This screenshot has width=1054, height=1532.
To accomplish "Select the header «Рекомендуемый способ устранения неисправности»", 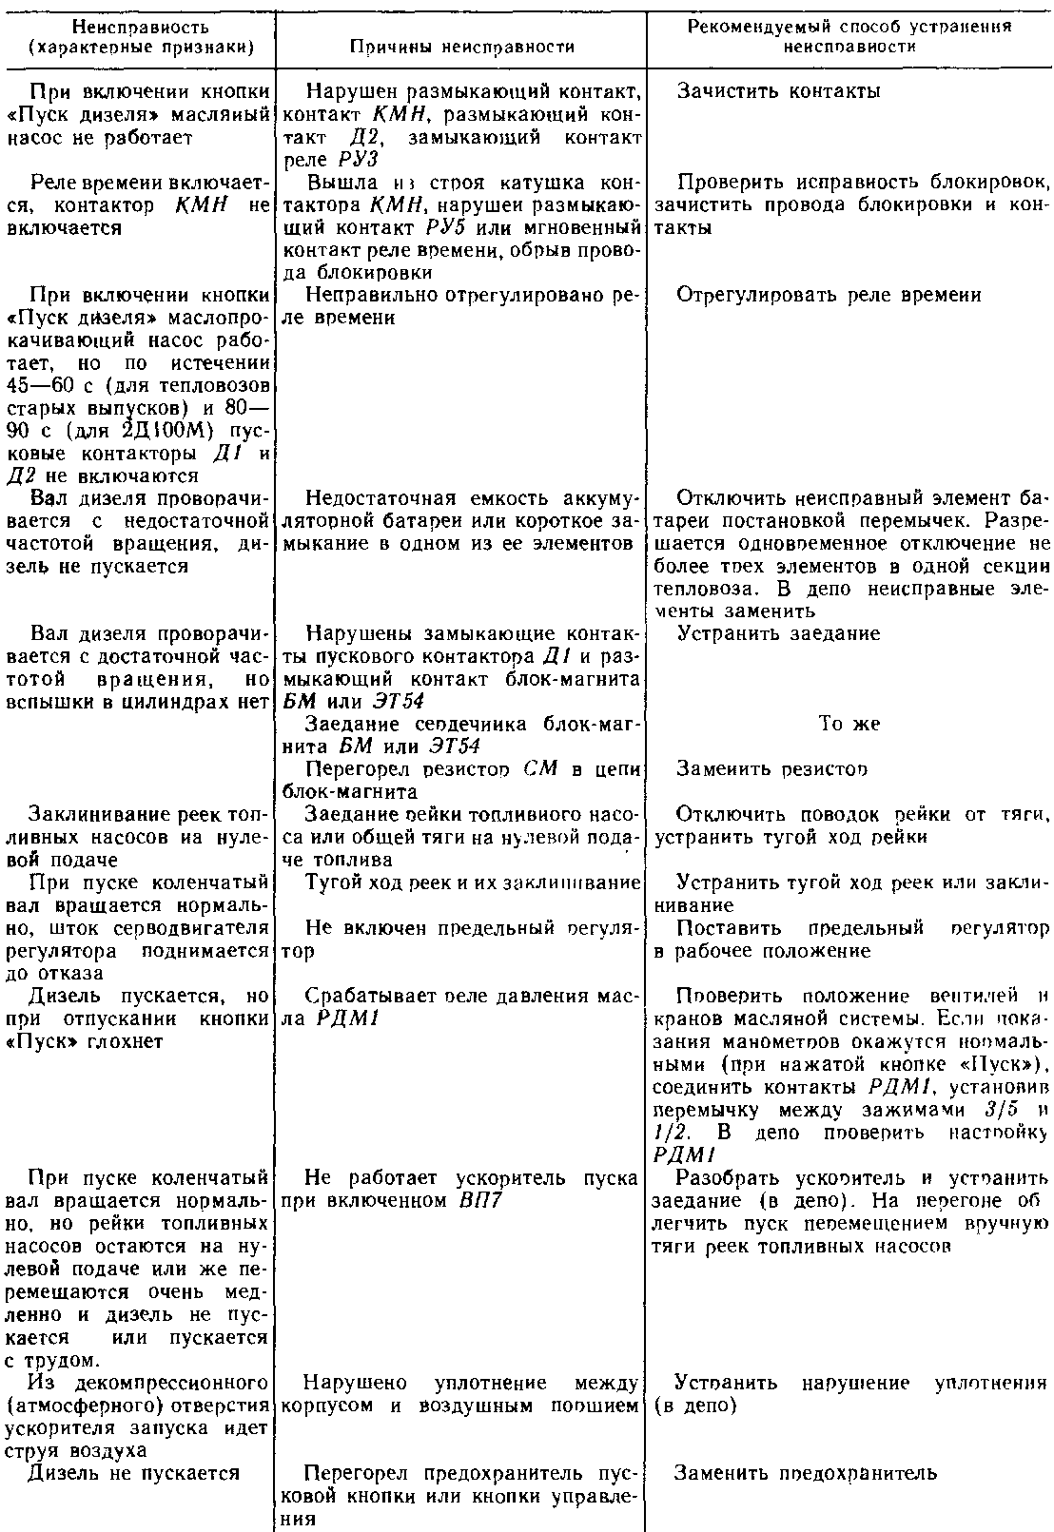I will (x=849, y=35).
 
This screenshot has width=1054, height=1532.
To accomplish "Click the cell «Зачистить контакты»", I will (x=778, y=91).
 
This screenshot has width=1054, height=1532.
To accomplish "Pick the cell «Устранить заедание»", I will (x=778, y=633).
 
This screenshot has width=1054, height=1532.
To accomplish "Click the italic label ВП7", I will (x=475, y=1200).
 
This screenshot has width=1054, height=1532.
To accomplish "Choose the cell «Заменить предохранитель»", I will (x=806, y=1473).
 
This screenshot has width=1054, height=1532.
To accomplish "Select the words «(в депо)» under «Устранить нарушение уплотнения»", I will (x=696, y=1406).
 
